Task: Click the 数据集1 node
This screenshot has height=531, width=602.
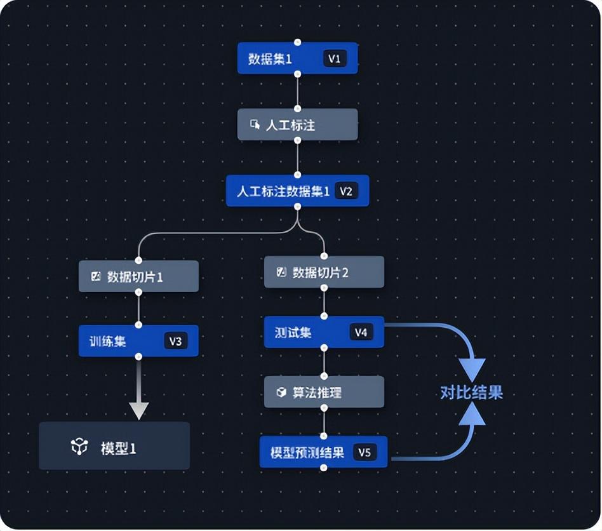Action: tap(279, 58)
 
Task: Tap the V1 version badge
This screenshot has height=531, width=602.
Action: tap(335, 58)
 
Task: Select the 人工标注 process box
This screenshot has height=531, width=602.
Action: tap(297, 124)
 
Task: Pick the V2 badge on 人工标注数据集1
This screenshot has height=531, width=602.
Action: tap(345, 191)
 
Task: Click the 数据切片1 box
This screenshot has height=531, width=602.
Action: tap(138, 277)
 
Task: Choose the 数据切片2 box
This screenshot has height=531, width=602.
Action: tap(324, 272)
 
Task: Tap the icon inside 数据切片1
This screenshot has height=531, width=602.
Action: tap(97, 277)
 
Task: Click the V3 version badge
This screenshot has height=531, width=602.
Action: tap(175, 341)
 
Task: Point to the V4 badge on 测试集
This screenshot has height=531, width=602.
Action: tap(361, 332)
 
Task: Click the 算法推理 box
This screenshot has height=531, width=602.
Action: tap(324, 393)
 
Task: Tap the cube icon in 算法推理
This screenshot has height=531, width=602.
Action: tap(281, 393)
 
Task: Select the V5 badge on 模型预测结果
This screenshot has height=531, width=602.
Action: tap(364, 452)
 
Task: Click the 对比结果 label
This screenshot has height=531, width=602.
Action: tap(471, 393)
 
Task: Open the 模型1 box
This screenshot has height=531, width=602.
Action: tap(114, 447)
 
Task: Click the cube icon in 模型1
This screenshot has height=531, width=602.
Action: tap(79, 447)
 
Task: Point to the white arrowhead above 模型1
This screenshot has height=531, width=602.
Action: tap(138, 410)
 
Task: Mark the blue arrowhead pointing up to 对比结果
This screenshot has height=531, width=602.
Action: tap(472, 414)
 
